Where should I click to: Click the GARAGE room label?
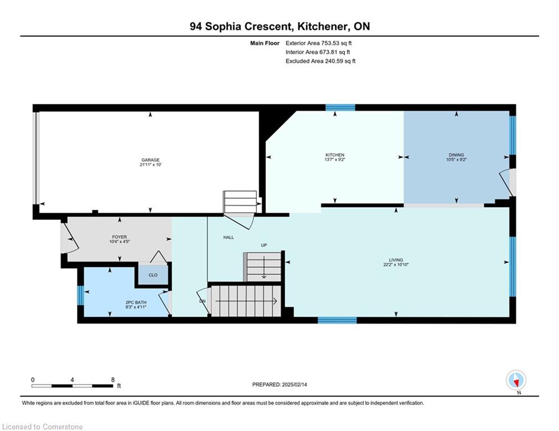pyautogui.click(x=151, y=160)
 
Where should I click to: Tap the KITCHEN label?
pyautogui.click(x=335, y=155)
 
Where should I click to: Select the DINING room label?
pyautogui.click(x=456, y=155)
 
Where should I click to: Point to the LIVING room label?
pyautogui.click(x=396, y=260)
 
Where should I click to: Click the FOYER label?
pyautogui.click(x=120, y=237)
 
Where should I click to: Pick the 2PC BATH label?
pyautogui.click(x=136, y=302)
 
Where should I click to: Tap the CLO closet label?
pyautogui.click(x=153, y=275)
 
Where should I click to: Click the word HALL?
pyautogui.click(x=229, y=237)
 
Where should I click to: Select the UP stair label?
pyautogui.click(x=264, y=245)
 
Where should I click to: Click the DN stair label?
pyautogui.click(x=202, y=301)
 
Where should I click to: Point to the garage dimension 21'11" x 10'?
pyautogui.click(x=151, y=165)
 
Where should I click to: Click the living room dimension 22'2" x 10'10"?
pyautogui.click(x=396, y=265)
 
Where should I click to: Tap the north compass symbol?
pyautogui.click(x=516, y=381)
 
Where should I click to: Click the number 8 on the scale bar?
pyautogui.click(x=113, y=380)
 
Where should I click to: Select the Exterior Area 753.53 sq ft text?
pyautogui.click(x=319, y=43)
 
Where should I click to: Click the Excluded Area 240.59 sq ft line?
pyautogui.click(x=320, y=61)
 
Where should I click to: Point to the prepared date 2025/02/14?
pyautogui.click(x=294, y=384)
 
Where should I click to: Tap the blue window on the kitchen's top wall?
pyautogui.click(x=340, y=108)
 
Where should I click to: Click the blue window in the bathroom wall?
pyautogui.click(x=80, y=296)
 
